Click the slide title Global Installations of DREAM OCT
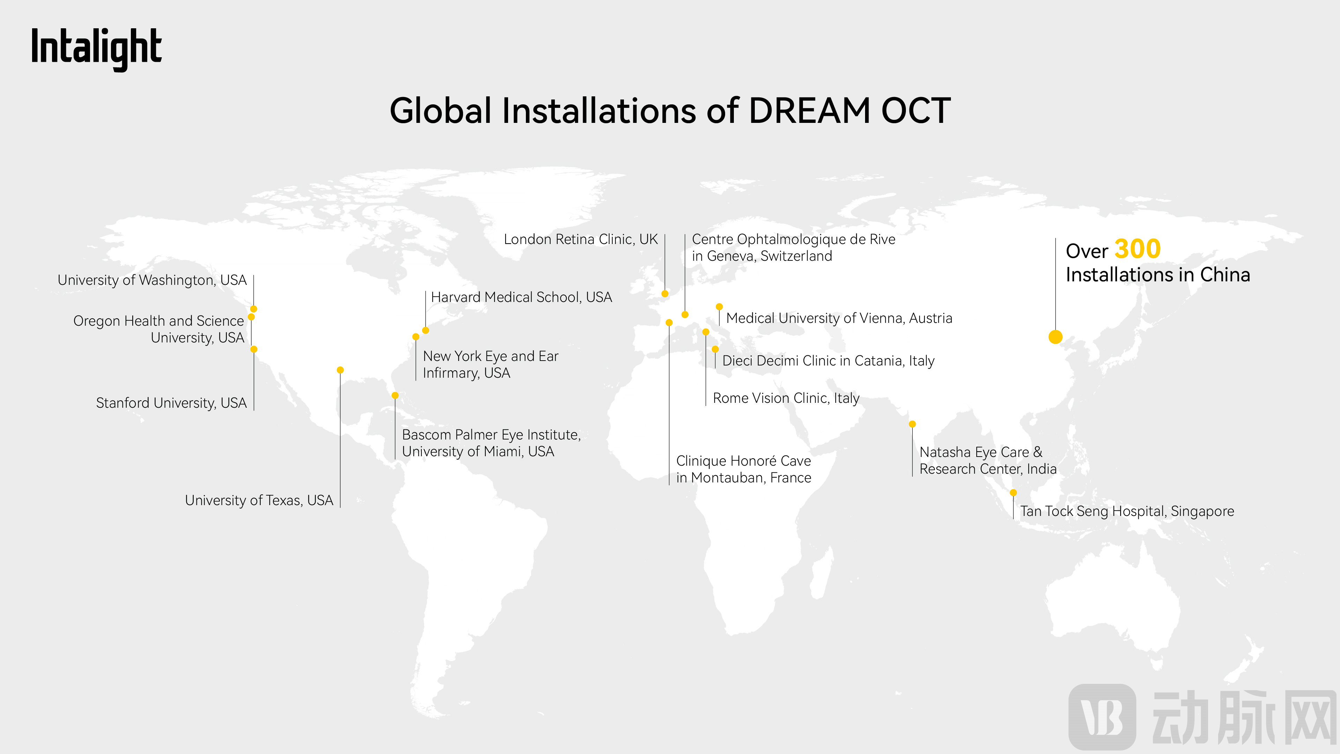pyautogui.click(x=670, y=111)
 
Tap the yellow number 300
pyautogui.click(x=1138, y=249)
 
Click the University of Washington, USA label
pyautogui.click(x=152, y=280)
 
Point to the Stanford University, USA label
pyautogui.click(x=171, y=403)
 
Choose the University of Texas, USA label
pyautogui.click(x=259, y=501)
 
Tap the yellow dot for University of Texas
pyautogui.click(x=340, y=370)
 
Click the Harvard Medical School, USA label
pyautogui.click(x=521, y=297)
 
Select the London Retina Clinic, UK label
pyautogui.click(x=581, y=239)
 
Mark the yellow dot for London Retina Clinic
pyautogui.click(x=665, y=294)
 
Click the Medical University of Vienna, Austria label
pyautogui.click(x=839, y=318)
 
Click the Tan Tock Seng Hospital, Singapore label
pyautogui.click(x=1127, y=511)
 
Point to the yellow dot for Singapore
pyautogui.click(x=1013, y=493)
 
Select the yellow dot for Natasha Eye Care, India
pyautogui.click(x=913, y=424)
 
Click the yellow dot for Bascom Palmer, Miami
pyautogui.click(x=395, y=396)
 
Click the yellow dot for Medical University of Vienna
pyautogui.click(x=720, y=306)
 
